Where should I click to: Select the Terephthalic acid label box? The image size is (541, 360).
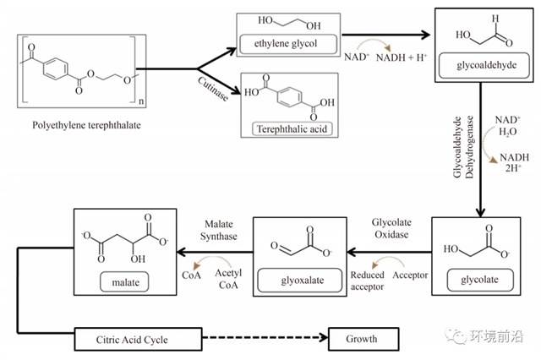(289, 129)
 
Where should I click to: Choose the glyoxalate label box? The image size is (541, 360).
(302, 277)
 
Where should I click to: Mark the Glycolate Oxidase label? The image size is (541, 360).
(391, 227)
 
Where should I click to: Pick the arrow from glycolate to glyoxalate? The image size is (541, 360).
(390, 252)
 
